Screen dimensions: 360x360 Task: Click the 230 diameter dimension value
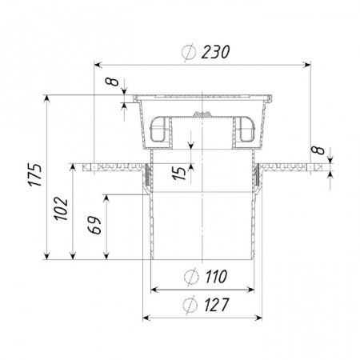tap(215, 52)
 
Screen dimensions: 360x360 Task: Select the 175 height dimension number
tap(35, 174)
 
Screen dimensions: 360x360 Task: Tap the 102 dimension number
tap(62, 209)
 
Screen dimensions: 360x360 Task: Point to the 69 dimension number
tap(95, 225)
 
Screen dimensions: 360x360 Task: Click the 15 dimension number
tap(180, 174)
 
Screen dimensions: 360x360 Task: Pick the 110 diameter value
tap(216, 277)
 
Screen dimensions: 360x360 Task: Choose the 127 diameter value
tap(217, 305)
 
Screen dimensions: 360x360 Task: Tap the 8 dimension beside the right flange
tap(318, 150)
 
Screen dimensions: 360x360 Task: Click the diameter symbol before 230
tap(189, 53)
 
